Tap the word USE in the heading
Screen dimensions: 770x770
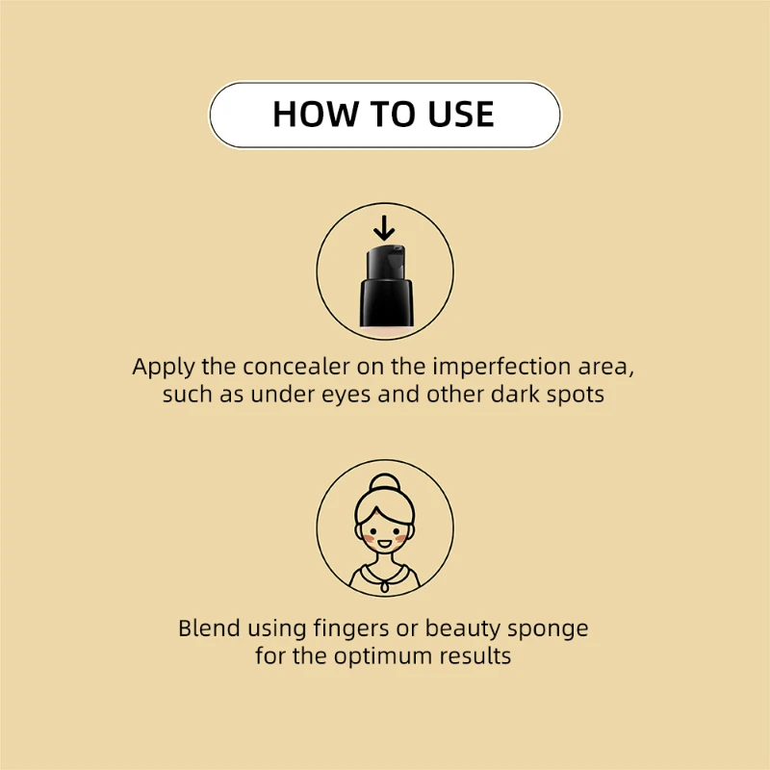click(458, 115)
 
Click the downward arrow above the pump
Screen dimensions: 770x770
click(384, 228)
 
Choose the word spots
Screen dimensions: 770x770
click(574, 396)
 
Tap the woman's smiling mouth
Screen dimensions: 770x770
click(385, 545)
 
